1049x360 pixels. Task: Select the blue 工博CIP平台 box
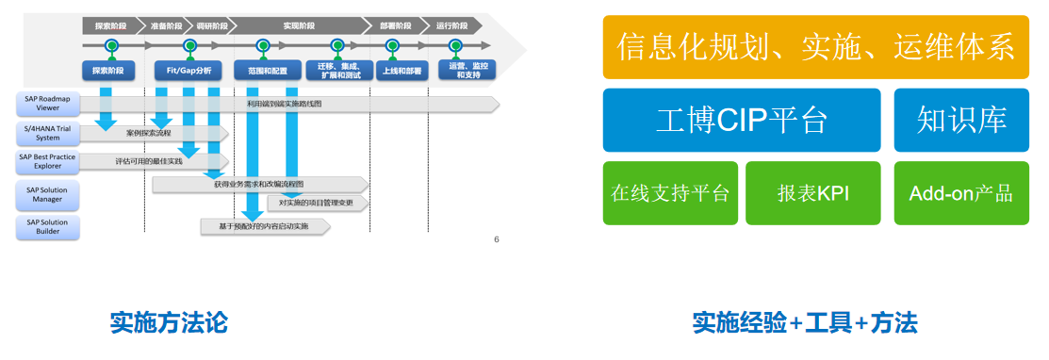(741, 120)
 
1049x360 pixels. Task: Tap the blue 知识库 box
(961, 120)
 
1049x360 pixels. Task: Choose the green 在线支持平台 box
(670, 193)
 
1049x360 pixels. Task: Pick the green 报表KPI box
(813, 193)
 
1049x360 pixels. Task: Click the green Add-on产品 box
(961, 193)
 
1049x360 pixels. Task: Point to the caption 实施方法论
(169, 323)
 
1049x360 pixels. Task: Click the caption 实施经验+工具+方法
(805, 323)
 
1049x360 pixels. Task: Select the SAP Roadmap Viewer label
(47, 103)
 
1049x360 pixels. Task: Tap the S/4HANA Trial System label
(47, 133)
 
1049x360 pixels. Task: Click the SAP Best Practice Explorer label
(47, 162)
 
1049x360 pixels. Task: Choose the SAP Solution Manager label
(47, 194)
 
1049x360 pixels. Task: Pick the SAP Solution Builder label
(47, 226)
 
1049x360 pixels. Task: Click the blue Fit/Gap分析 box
(189, 71)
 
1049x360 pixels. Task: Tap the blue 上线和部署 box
(402, 71)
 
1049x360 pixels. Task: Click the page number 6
(497, 238)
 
